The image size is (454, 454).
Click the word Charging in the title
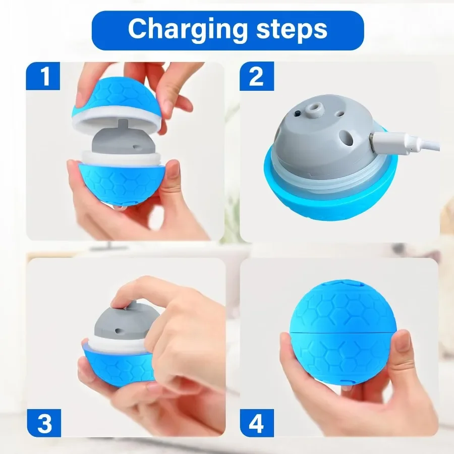click(x=186, y=30)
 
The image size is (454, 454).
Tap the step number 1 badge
click(x=43, y=77)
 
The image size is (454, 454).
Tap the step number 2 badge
click(x=256, y=77)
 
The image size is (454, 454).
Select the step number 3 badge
click(x=44, y=422)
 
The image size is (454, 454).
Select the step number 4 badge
click(x=256, y=422)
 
